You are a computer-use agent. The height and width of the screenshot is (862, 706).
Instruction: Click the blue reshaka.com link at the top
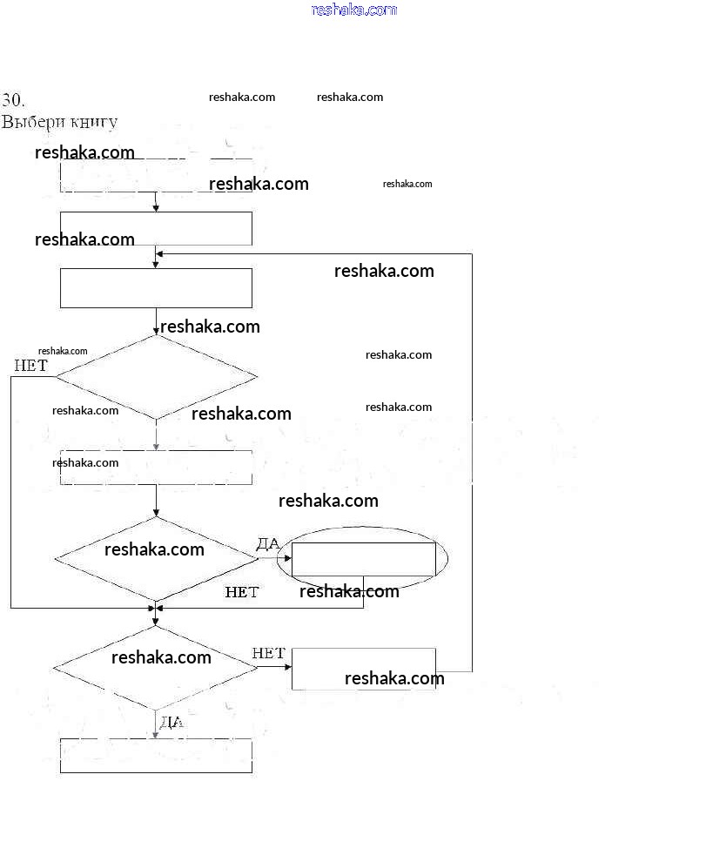coord(353,10)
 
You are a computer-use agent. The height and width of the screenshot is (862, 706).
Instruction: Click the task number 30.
coord(13,99)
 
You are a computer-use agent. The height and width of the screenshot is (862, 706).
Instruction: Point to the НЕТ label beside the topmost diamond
coord(30,366)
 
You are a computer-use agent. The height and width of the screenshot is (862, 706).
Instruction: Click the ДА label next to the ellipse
coord(268,544)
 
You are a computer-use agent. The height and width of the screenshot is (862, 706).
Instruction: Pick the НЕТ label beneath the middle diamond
coord(242,592)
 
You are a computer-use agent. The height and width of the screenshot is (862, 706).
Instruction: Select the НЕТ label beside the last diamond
coord(269,653)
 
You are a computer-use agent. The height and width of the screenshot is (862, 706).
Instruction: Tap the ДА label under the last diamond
coord(171,722)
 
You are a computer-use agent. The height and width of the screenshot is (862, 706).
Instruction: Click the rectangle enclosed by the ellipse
coord(363,559)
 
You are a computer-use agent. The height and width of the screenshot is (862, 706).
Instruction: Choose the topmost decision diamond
coord(157,377)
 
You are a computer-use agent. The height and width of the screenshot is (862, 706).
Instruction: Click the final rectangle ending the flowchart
coord(156,756)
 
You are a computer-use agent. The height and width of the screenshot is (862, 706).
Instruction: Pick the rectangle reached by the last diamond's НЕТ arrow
coord(363,669)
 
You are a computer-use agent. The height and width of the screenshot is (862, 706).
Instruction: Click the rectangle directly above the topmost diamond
coord(156,288)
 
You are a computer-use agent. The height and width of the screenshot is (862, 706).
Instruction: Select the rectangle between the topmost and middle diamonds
coord(156,468)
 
